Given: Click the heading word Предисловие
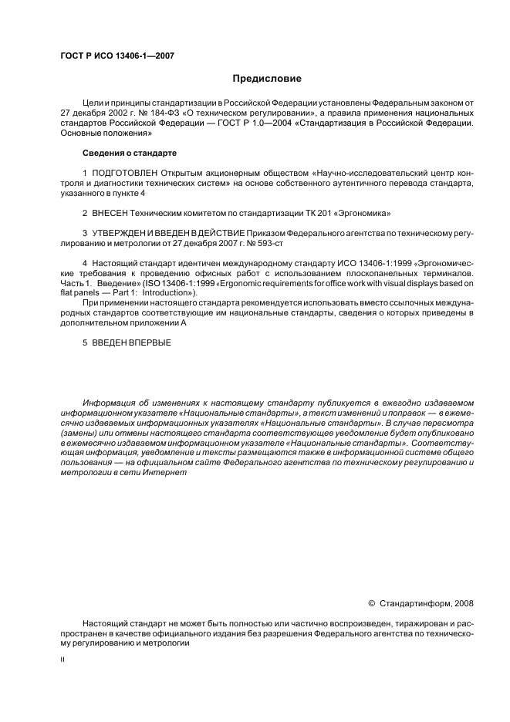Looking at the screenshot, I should point(267,79).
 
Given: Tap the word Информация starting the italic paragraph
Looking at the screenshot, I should point(110,403).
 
